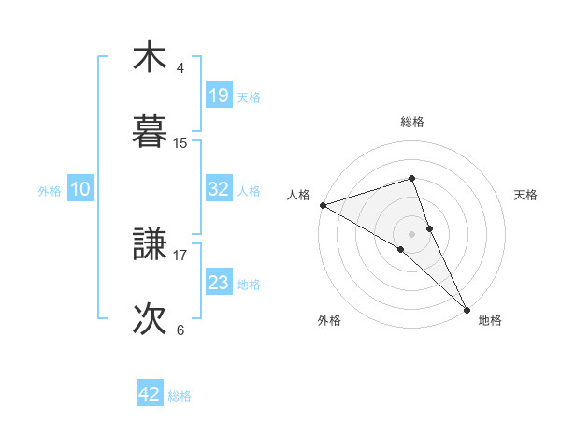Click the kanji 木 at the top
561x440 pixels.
pos(150,58)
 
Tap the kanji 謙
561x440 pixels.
pos(150,245)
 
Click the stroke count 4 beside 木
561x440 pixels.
pos(180,68)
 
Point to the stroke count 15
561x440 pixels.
pos(180,143)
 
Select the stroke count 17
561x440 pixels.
pos(180,253)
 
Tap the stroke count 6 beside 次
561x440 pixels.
pos(180,330)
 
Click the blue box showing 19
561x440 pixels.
pos(218,95)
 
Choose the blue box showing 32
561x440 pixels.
pos(218,189)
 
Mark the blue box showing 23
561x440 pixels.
pos(218,283)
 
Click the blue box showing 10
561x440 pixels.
pos(80,189)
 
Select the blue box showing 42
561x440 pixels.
pos(150,394)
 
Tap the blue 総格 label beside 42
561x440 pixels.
pos(180,396)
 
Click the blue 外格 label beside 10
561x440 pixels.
pos(50,190)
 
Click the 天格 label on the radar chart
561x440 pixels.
pos(525,194)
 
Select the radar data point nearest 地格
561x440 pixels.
pos(467,308)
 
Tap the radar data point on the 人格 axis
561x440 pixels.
pos(323,205)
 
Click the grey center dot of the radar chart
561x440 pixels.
pos(411,233)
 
